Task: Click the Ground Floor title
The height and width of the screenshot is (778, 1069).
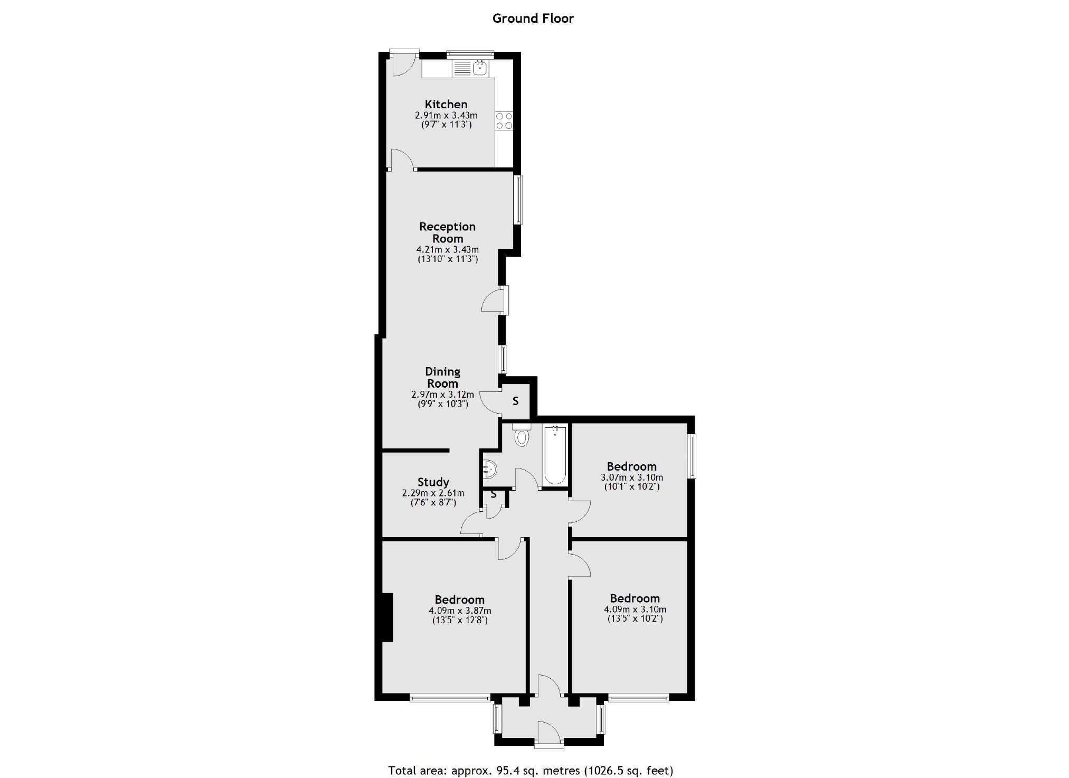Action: (533, 18)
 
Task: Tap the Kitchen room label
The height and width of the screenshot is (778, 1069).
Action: (446, 104)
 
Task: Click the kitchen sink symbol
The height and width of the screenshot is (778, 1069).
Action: (480, 68)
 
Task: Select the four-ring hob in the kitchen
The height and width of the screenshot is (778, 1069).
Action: (504, 121)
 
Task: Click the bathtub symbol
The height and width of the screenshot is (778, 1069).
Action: (555, 455)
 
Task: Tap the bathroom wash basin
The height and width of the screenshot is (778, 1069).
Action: (489, 468)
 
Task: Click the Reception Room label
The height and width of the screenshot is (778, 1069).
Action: (447, 232)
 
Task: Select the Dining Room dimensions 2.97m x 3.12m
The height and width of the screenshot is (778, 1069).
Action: (442, 395)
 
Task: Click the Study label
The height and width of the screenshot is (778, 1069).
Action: (433, 482)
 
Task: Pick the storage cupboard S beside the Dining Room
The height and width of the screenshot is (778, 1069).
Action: (515, 401)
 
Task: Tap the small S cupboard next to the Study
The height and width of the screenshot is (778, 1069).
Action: (494, 495)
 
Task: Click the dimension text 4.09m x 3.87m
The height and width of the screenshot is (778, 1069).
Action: (459, 611)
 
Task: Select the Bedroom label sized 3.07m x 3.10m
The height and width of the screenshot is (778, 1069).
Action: (631, 466)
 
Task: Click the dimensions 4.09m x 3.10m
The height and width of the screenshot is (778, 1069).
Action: (635, 609)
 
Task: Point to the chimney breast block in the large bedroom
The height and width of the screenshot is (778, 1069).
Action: (387, 617)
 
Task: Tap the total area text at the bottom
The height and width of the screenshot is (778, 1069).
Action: (531, 770)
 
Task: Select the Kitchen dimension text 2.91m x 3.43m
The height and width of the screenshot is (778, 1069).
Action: (446, 115)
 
